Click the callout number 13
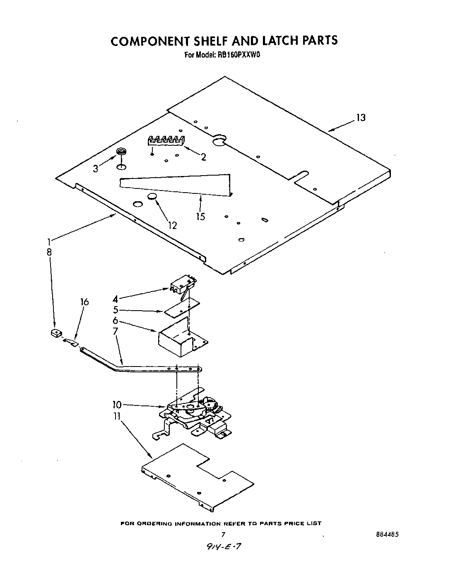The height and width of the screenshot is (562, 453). (x=361, y=118)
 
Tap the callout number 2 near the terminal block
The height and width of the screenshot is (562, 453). (x=203, y=157)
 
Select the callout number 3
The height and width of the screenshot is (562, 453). (x=96, y=168)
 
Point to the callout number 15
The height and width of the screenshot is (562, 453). (x=200, y=216)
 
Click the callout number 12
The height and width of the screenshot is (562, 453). (x=172, y=225)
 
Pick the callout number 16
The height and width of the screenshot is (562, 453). (x=84, y=302)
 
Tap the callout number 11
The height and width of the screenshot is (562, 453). (x=117, y=415)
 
